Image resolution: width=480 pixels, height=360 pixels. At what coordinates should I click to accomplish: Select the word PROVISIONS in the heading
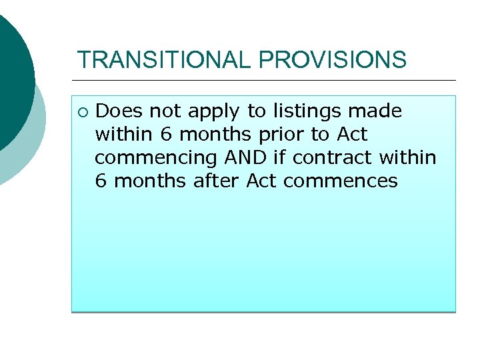(x=332, y=60)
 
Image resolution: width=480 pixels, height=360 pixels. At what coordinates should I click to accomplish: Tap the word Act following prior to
(x=352, y=134)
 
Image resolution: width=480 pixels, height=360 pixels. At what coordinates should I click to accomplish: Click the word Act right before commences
(x=261, y=181)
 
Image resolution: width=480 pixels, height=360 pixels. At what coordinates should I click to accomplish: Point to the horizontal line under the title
(x=267, y=81)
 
